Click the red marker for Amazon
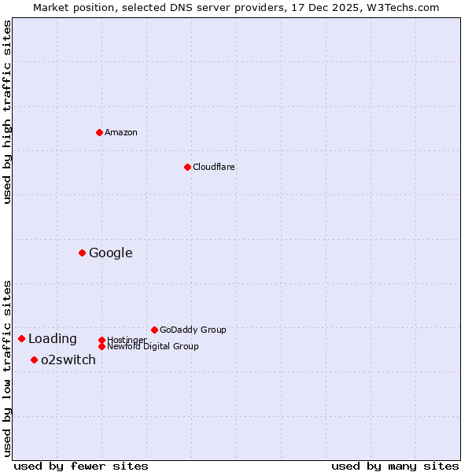[x=99, y=132]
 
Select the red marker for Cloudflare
[x=187, y=167]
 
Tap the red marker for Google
[x=82, y=253]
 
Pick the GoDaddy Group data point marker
[x=154, y=330]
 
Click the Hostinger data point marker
[x=101, y=340]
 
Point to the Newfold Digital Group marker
[x=101, y=346]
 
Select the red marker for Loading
[x=21, y=338]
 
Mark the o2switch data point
[x=34, y=360]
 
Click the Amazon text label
[x=120, y=132]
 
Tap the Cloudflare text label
[x=213, y=167]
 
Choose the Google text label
[x=110, y=253]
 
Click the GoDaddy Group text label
[x=193, y=330]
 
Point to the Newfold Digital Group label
[x=153, y=346]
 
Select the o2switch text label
[x=68, y=360]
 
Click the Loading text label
[x=53, y=338]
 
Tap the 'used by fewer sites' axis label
[x=81, y=466]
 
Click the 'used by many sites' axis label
[x=395, y=466]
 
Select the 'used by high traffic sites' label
[x=7, y=112]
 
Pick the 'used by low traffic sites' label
[x=7, y=367]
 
